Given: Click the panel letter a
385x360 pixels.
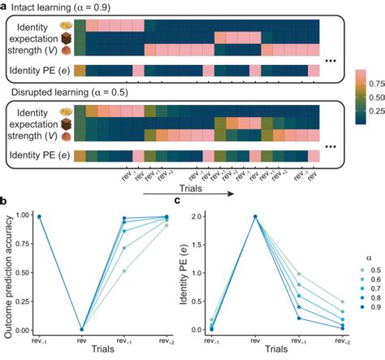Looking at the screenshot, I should [5, 6].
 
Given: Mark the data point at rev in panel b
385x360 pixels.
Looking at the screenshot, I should [82, 329].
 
